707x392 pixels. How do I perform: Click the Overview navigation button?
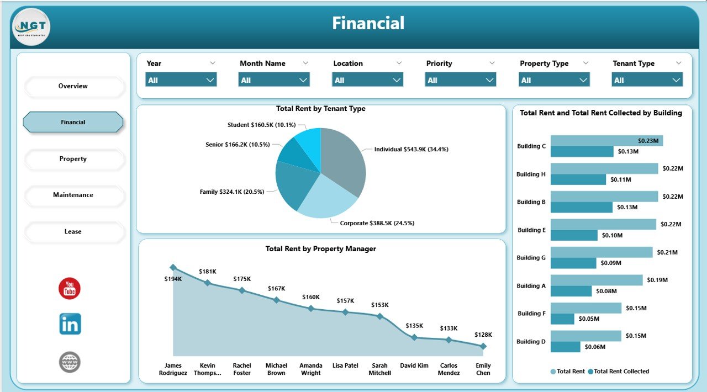tap(73, 86)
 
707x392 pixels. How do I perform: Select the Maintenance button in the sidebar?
tap(73, 195)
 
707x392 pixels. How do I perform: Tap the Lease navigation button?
tap(73, 231)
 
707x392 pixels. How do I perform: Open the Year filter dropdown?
tap(181, 80)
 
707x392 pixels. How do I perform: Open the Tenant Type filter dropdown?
tap(647, 80)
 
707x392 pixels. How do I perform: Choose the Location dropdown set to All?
tap(367, 80)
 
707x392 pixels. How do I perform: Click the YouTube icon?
tap(70, 289)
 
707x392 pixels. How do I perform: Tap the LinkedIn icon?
tap(70, 324)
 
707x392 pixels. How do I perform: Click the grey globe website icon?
tap(70, 362)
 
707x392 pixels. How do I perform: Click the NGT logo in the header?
tap(31, 27)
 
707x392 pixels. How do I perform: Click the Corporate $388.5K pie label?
tap(377, 223)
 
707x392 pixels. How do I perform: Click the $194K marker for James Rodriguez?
tap(173, 267)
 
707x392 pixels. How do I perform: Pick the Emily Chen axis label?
tap(483, 369)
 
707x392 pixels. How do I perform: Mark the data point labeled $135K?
tap(414, 337)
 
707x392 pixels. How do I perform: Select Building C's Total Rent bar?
tap(606, 141)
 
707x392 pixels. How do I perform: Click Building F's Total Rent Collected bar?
tap(562, 319)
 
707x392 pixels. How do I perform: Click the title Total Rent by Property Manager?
tap(321, 249)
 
